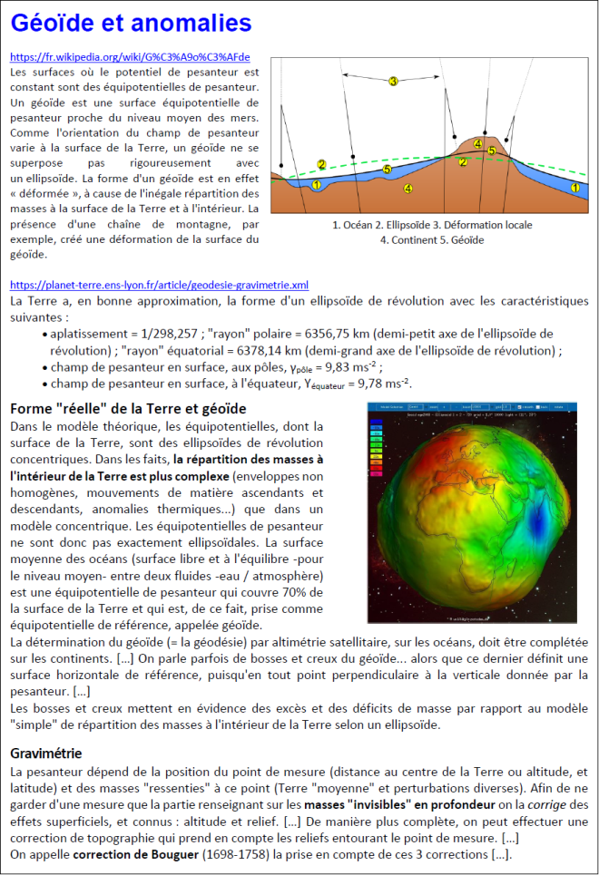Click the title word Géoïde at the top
point(58,23)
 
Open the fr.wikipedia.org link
point(130,56)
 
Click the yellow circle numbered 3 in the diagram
point(393,82)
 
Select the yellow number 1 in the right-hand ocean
point(574,185)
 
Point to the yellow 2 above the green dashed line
point(321,164)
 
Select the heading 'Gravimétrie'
point(45,753)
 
